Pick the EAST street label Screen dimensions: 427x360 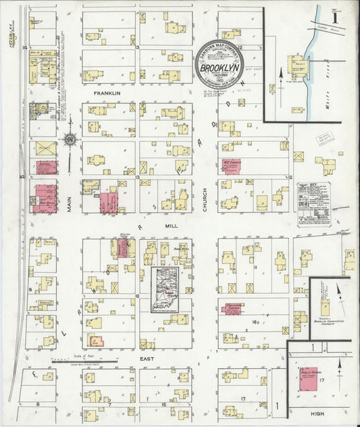[148, 358]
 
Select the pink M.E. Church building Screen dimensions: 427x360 [231, 166]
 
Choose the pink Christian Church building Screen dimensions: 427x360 [232, 308]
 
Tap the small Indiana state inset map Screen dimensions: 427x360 [165, 289]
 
